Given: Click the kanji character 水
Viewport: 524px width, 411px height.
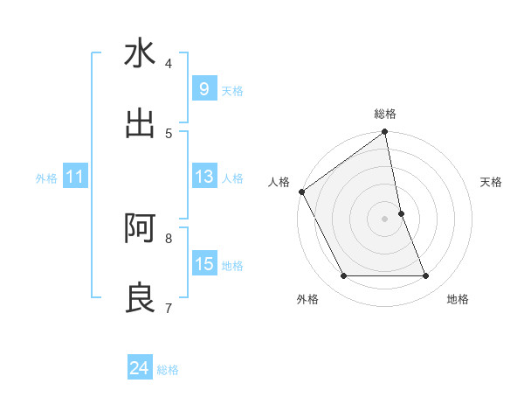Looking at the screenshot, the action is click(x=140, y=54).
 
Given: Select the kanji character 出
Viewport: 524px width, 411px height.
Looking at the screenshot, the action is click(x=140, y=123).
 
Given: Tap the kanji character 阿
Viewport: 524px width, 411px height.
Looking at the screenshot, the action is click(x=140, y=228).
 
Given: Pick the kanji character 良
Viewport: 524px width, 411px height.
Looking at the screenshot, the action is click(x=140, y=298).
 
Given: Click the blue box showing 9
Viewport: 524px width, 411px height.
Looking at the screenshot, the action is click(x=203, y=88).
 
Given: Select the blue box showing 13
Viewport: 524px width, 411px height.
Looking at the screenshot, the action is click(x=203, y=177).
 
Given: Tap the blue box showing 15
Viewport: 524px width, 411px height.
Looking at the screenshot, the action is click(x=203, y=264).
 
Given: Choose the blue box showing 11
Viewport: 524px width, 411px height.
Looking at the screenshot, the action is click(x=75, y=177).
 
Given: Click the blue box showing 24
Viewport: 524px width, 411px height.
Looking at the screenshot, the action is click(x=139, y=368).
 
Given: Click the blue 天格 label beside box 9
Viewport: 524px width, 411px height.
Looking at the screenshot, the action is click(x=232, y=91).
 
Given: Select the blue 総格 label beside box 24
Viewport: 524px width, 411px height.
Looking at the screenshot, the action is click(x=168, y=371).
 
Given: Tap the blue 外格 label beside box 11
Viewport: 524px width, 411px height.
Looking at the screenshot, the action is click(x=46, y=178).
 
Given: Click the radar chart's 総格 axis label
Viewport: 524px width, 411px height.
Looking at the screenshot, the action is click(x=385, y=114).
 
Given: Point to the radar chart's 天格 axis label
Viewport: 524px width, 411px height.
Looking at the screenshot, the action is click(x=492, y=182).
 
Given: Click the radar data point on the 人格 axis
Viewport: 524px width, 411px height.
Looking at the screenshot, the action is click(x=302, y=192).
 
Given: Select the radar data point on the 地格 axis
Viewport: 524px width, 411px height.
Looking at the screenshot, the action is click(x=426, y=276).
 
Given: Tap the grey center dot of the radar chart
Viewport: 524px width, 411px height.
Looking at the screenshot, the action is click(x=385, y=219).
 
